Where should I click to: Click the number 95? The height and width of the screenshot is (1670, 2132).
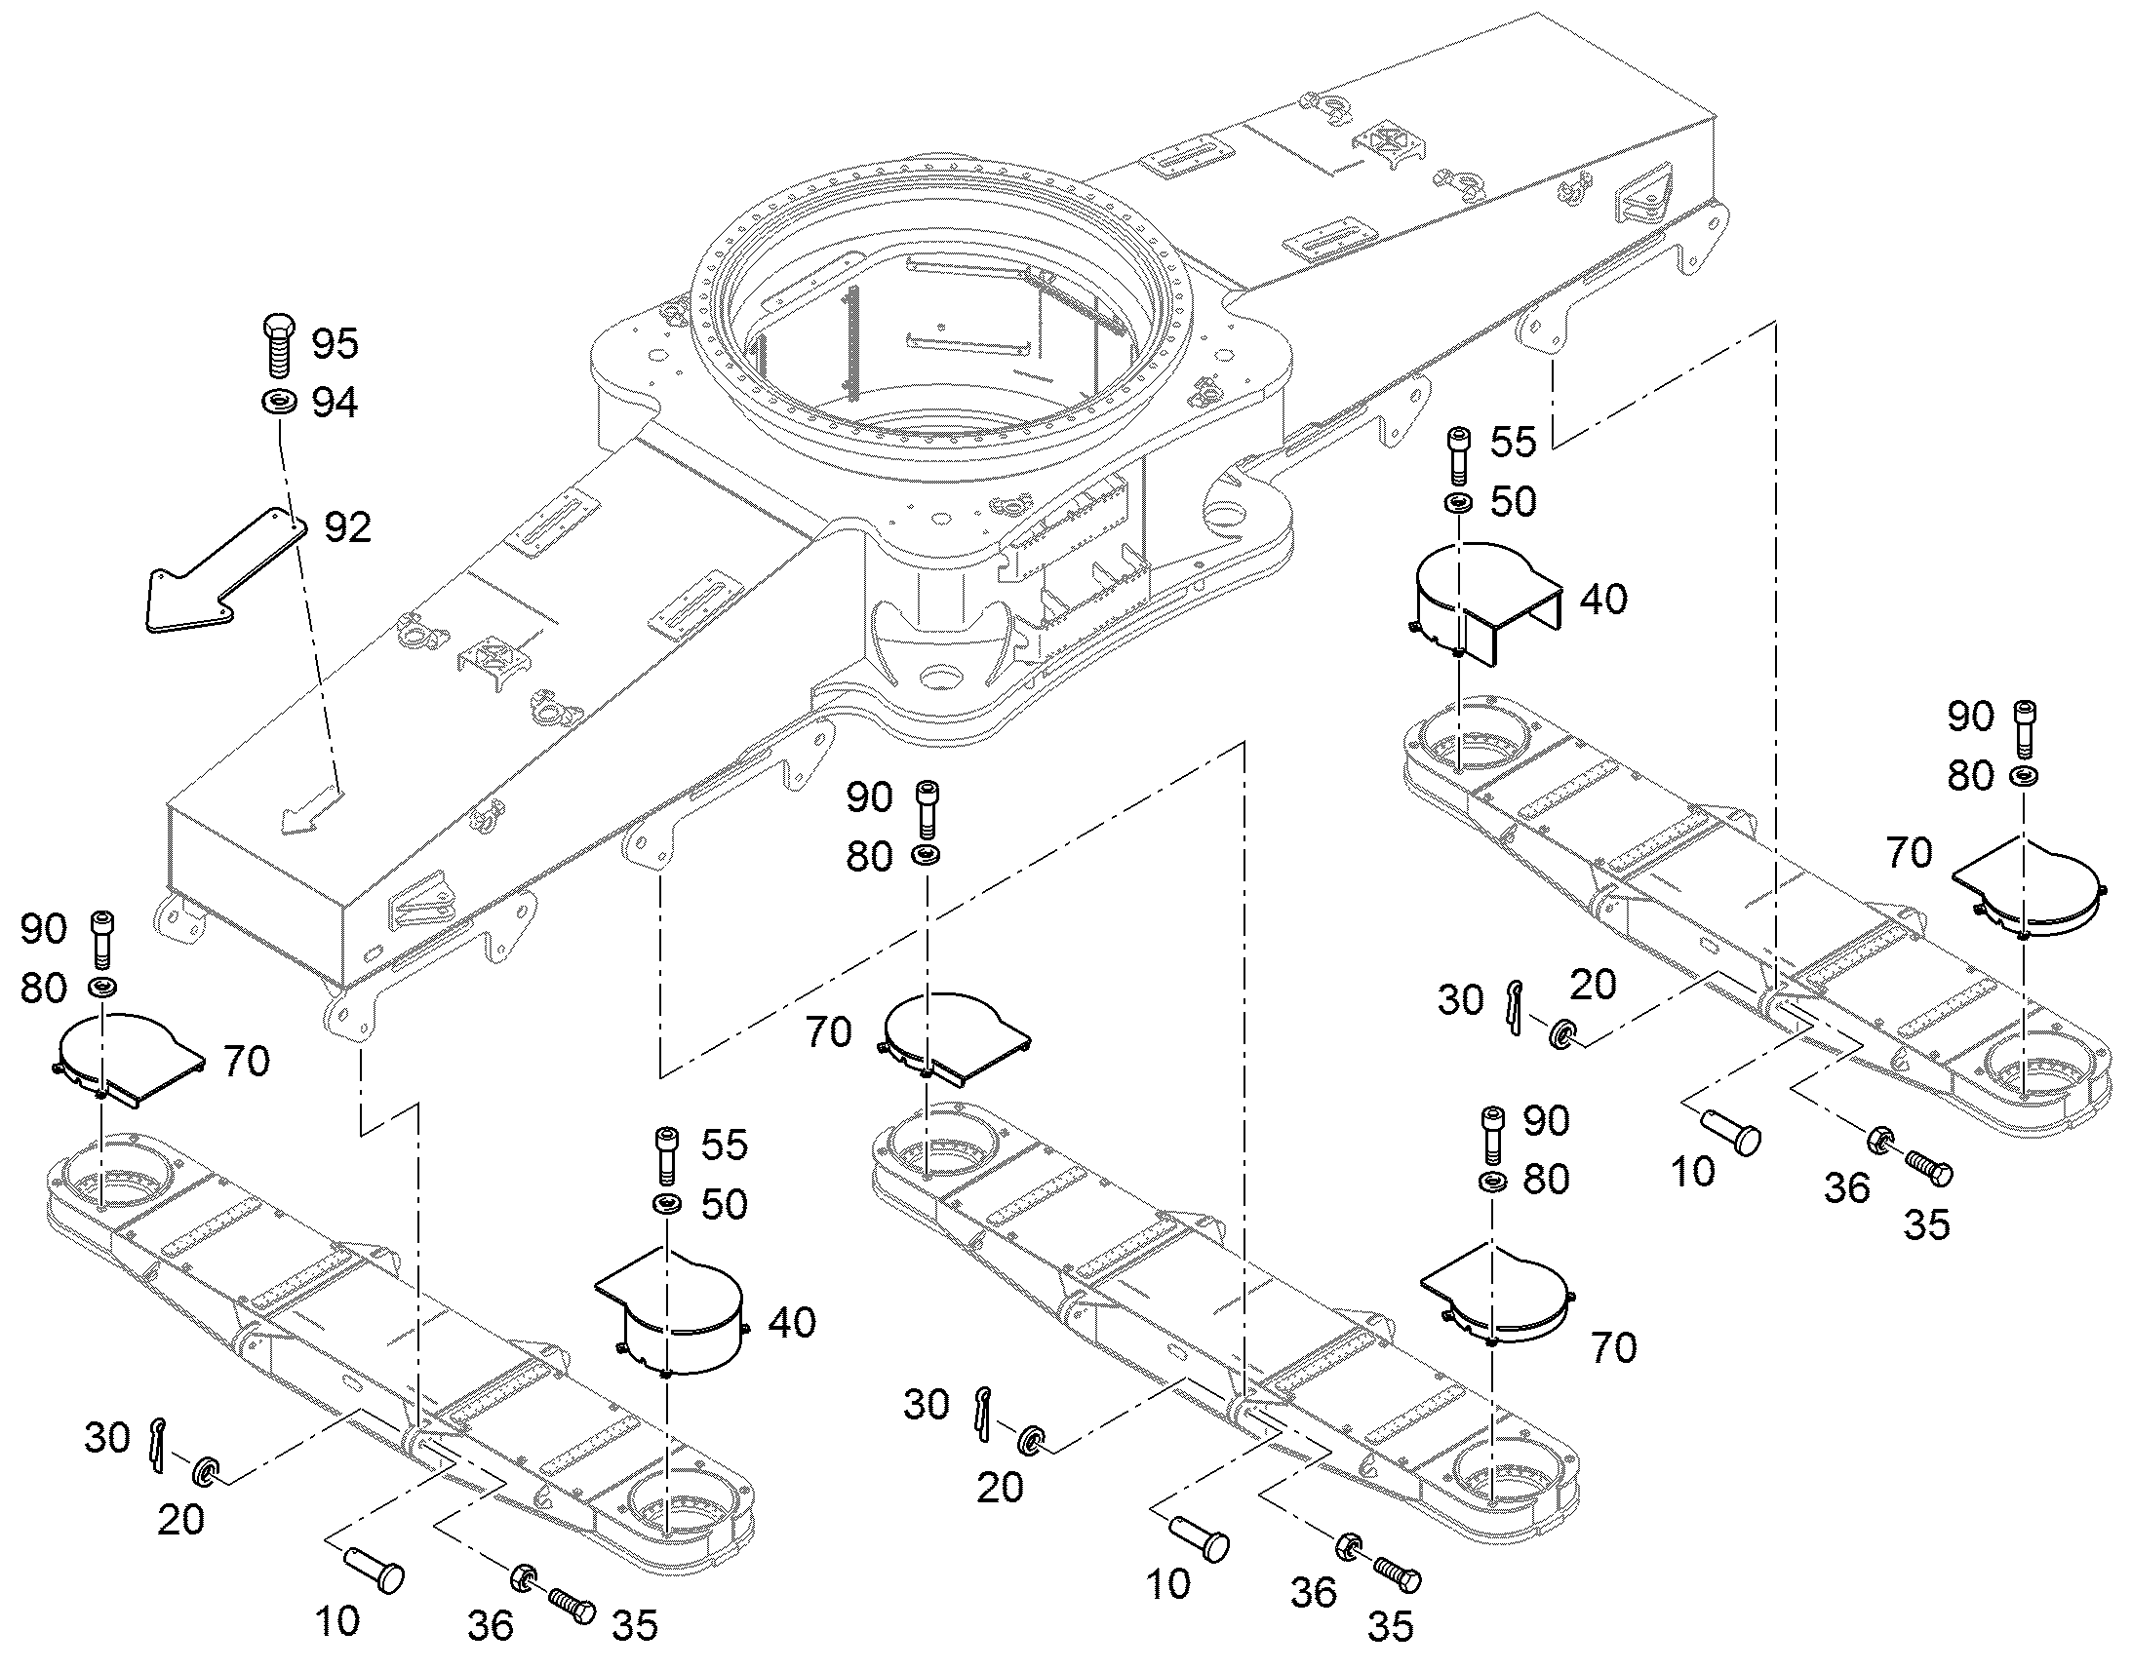336,343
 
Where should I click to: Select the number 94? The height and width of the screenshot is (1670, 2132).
336,403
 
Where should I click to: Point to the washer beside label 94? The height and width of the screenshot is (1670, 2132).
280,401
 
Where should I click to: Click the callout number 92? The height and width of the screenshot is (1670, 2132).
348,528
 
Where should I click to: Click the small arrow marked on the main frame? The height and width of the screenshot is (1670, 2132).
310,810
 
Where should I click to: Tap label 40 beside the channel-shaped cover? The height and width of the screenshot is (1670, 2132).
1604,600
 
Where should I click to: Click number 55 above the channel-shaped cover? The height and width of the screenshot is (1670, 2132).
1513,442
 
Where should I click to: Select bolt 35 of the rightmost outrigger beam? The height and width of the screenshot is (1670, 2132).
1926,1166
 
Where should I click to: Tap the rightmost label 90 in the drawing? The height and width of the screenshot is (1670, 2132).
1971,717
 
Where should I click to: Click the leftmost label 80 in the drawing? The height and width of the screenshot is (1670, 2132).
43,989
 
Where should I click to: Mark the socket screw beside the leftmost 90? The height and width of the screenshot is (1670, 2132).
101,940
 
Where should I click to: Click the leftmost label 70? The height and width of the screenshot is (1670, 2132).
246,1062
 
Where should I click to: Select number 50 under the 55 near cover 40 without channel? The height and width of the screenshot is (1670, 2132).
725,1205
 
